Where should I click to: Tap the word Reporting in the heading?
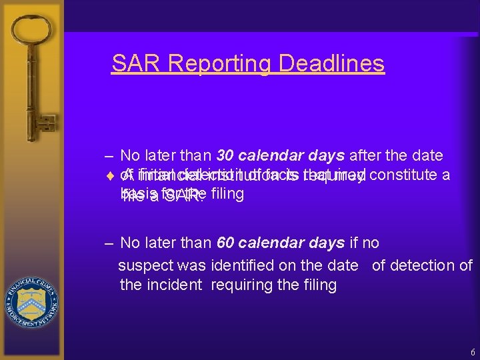[x=220, y=63]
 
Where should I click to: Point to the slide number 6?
[x=472, y=351]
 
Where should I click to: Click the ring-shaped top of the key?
[x=31, y=33]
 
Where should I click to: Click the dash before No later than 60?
[x=109, y=243]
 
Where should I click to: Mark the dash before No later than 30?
[x=109, y=156]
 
